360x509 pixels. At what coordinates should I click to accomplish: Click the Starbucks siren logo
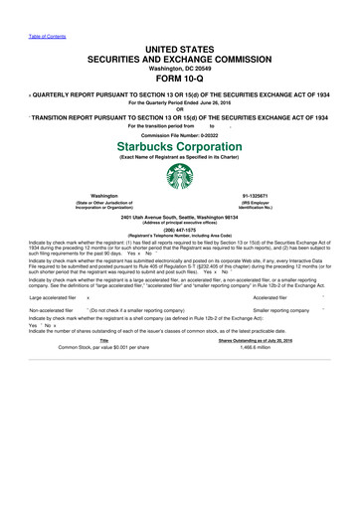tap(180, 177)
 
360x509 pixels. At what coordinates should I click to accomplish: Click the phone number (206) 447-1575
tap(180, 227)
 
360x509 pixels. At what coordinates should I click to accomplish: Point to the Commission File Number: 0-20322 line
tap(180, 133)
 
